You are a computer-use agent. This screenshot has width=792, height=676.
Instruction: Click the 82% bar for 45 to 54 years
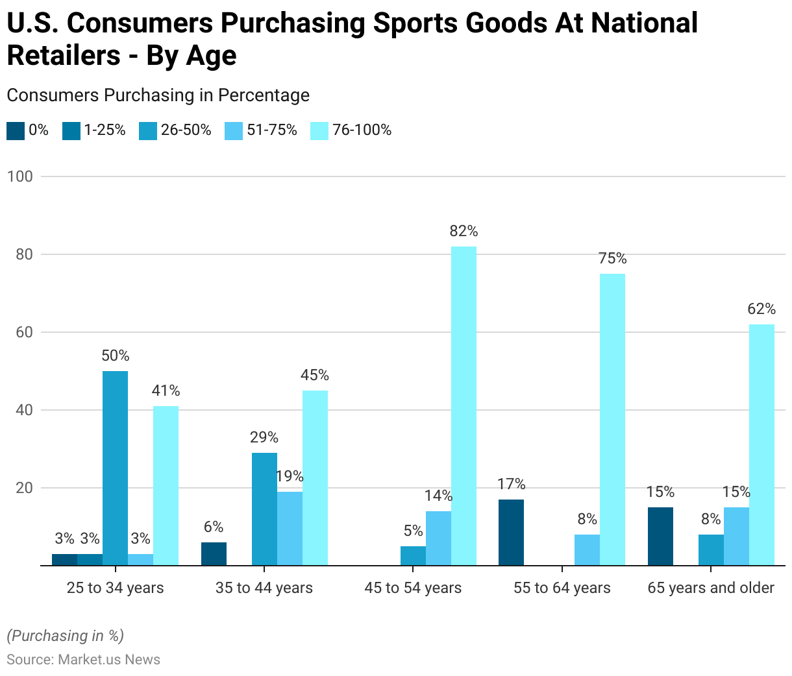464,405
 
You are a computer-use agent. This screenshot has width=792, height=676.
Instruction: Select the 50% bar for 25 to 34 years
115,467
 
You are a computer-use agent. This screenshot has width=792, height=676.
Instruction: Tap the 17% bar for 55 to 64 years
511,532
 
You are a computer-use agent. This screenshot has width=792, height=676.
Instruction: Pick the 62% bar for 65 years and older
761,444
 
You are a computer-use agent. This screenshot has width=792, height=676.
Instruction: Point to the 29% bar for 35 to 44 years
264,509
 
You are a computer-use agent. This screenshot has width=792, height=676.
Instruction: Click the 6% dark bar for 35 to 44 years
214,553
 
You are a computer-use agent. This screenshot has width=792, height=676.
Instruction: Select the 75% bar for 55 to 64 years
612,419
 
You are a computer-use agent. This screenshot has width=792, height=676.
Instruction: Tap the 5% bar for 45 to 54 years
413,555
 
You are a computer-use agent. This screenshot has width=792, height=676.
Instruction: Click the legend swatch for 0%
16,130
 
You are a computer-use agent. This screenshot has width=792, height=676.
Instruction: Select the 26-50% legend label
186,130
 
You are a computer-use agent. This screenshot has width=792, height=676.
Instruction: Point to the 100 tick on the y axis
19,176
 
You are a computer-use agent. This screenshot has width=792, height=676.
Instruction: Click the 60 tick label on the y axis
24,332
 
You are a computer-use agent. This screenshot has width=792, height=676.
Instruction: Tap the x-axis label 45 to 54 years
413,588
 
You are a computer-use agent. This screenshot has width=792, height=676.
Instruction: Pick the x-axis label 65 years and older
711,588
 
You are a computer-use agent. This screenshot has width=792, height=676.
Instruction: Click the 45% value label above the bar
315,375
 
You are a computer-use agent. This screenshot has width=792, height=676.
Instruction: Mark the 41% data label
166,391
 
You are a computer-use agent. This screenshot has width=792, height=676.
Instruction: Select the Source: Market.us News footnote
83,660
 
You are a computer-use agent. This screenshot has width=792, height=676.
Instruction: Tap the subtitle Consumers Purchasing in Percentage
158,95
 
